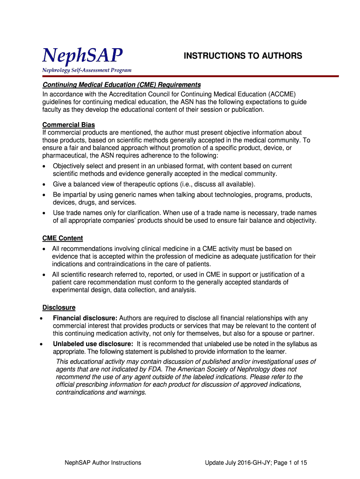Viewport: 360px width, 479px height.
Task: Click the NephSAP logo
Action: (x=83, y=56)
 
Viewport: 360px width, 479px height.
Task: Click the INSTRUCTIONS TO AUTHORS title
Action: (x=243, y=56)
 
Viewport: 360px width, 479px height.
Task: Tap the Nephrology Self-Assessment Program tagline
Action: (x=87, y=70)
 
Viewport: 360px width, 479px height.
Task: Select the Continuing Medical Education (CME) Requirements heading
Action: (x=122, y=85)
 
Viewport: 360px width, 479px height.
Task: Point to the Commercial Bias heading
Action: (x=69, y=125)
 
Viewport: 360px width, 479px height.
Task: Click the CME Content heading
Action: (x=63, y=238)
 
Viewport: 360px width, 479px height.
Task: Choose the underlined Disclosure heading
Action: (x=59, y=307)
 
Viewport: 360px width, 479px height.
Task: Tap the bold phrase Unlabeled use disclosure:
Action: (x=93, y=344)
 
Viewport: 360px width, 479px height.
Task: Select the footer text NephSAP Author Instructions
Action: (x=103, y=463)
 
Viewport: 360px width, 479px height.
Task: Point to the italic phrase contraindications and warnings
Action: (x=101, y=392)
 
